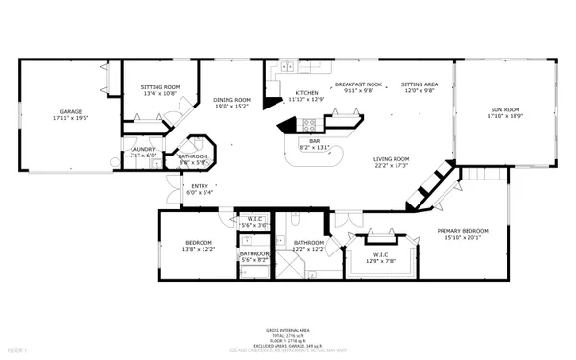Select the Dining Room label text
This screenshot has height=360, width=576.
pyautogui.click(x=231, y=100)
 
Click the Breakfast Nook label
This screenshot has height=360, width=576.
pyautogui.click(x=358, y=84)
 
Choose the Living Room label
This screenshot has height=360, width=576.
pyautogui.click(x=392, y=159)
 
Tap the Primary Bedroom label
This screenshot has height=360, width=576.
pyautogui.click(x=463, y=231)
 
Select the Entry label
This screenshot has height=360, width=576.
pyautogui.click(x=200, y=186)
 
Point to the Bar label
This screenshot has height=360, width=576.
pyautogui.click(x=314, y=141)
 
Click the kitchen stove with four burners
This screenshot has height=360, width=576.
pyautogui.click(x=310, y=123)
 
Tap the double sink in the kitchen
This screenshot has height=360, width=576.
pyautogui.click(x=286, y=69)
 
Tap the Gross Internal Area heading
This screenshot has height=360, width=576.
pyautogui.click(x=288, y=329)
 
